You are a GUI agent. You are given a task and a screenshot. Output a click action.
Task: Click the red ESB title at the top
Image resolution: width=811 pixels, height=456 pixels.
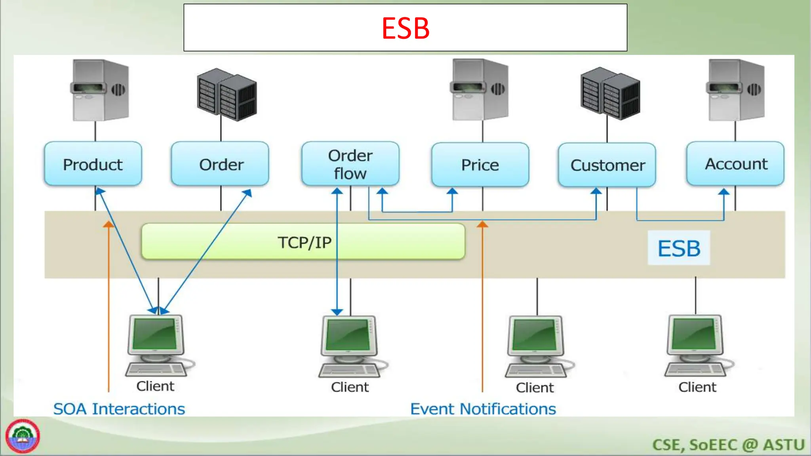(405, 28)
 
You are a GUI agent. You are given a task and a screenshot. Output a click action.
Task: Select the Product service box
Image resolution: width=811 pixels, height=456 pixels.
(93, 164)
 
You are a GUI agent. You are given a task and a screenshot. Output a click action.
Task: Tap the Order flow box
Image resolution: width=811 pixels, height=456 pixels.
(350, 164)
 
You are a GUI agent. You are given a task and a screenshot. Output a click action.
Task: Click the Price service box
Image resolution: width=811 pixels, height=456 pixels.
(480, 165)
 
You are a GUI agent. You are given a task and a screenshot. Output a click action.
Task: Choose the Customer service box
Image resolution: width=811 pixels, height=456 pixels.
(607, 165)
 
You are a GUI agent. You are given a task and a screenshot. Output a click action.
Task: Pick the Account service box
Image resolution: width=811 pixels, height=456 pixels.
(735, 164)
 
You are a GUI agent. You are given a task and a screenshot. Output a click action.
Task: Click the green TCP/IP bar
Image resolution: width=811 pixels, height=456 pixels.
(303, 242)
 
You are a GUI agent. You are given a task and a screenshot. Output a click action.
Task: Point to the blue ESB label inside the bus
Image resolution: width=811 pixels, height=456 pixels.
(679, 248)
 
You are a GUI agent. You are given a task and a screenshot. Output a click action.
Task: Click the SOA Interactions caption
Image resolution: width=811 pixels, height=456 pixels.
(119, 409)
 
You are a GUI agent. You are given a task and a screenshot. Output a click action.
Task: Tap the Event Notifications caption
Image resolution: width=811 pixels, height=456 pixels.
(483, 409)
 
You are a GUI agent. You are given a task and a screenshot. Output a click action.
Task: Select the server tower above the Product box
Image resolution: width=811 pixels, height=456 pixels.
(100, 90)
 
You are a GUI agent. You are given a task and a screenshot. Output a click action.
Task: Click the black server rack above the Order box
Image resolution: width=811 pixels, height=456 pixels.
(227, 95)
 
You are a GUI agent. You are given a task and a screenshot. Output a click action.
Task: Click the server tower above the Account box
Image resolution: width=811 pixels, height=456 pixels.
(736, 90)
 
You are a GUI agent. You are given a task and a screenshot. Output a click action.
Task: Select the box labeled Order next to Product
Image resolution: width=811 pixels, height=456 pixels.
(221, 164)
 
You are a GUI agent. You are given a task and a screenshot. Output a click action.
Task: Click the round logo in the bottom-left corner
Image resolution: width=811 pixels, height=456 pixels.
(23, 437)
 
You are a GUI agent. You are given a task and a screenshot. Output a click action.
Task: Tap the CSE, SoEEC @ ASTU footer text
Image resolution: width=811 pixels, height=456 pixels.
(728, 445)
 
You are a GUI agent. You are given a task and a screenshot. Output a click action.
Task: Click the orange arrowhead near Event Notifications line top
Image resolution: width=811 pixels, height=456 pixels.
(482, 224)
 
